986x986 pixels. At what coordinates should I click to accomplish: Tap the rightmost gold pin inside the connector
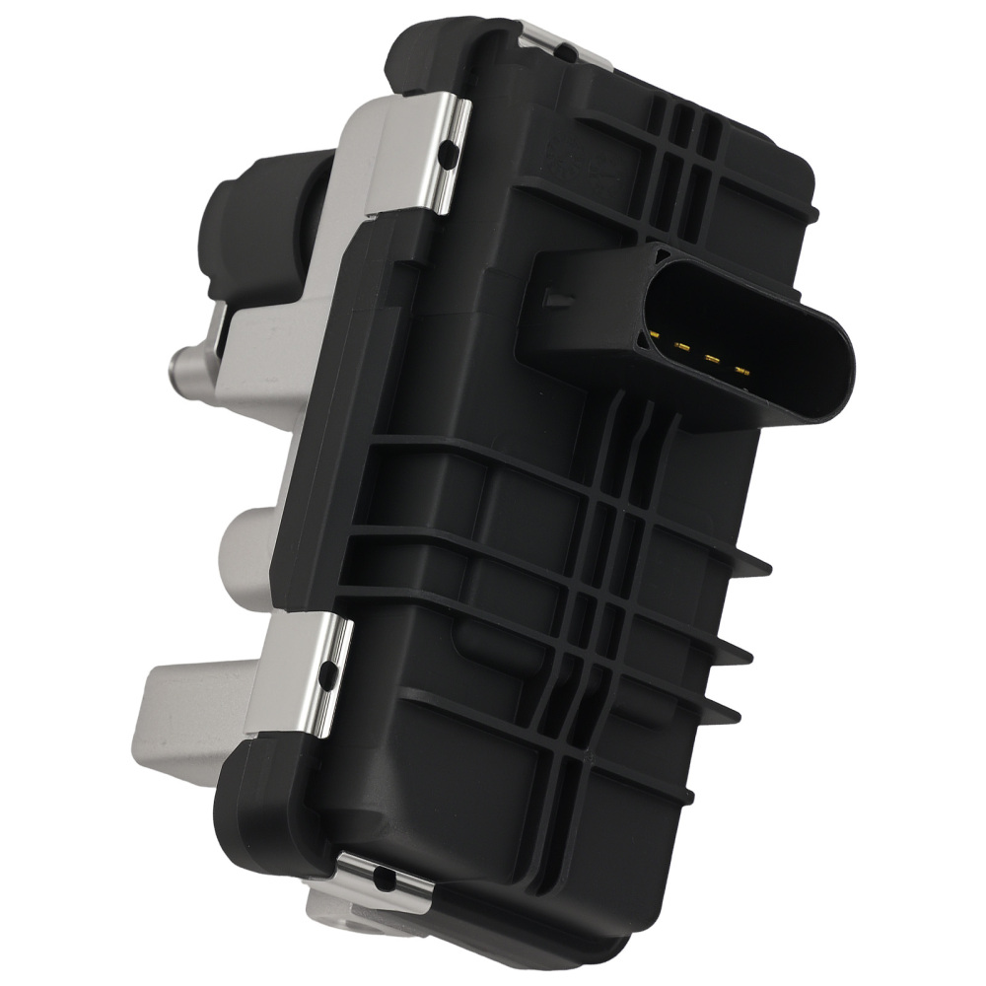(x=740, y=372)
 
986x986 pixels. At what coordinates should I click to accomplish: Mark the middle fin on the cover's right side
(x=739, y=646)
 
